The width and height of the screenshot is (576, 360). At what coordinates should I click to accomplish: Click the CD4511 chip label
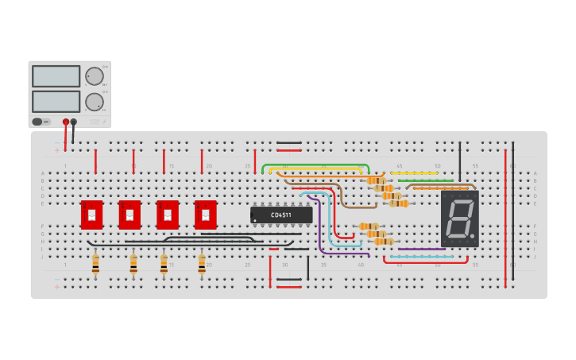coord(281,215)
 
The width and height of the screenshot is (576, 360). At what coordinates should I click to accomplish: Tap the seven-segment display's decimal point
coord(474,236)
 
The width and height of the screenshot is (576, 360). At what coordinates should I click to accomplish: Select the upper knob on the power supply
coord(94,76)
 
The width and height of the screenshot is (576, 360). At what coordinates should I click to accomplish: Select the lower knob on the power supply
coord(94,102)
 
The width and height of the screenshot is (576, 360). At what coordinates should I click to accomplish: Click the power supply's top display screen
coord(56,76)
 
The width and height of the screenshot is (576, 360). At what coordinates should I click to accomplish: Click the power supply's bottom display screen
coord(56,102)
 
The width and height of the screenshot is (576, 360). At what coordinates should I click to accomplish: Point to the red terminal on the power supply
coord(66,122)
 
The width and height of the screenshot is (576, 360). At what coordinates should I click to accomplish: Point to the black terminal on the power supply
coord(74,122)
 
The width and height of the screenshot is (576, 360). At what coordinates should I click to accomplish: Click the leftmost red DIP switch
coord(91,215)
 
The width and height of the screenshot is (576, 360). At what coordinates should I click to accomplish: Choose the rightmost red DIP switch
coord(206,215)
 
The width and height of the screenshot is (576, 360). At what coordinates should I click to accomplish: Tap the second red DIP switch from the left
coord(130,215)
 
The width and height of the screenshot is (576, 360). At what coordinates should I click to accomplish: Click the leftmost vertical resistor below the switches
coord(95,265)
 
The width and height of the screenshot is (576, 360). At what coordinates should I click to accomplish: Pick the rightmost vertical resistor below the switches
coord(202,265)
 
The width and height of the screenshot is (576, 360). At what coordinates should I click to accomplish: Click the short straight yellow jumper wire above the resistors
coord(413,172)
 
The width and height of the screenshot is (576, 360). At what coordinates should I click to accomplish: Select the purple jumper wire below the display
coord(421,250)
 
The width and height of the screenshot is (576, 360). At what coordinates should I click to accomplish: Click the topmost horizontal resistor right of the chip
coord(376,180)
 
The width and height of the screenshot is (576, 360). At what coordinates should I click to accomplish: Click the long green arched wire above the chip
coord(315,166)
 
